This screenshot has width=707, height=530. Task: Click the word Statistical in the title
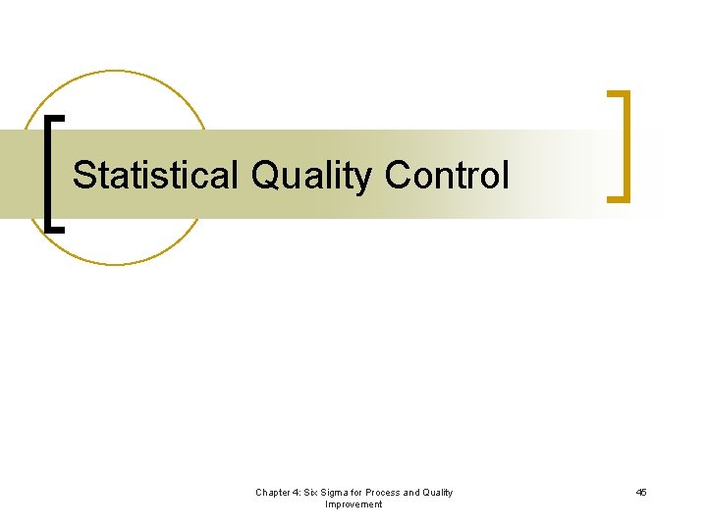pyautogui.click(x=156, y=176)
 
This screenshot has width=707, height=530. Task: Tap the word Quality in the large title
pyautogui.click(x=311, y=176)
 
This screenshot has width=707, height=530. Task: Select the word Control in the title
pyautogui.click(x=447, y=176)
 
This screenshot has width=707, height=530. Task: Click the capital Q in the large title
pyautogui.click(x=265, y=176)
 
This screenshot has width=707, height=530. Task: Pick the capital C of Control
pyautogui.click(x=398, y=176)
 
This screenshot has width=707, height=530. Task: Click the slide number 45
pyautogui.click(x=640, y=493)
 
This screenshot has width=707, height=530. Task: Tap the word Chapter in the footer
pyautogui.click(x=274, y=493)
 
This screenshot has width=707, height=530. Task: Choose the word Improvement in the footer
pyautogui.click(x=353, y=504)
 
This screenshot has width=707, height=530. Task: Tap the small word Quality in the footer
pyautogui.click(x=437, y=493)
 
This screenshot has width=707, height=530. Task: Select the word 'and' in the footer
pyautogui.click(x=413, y=493)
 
